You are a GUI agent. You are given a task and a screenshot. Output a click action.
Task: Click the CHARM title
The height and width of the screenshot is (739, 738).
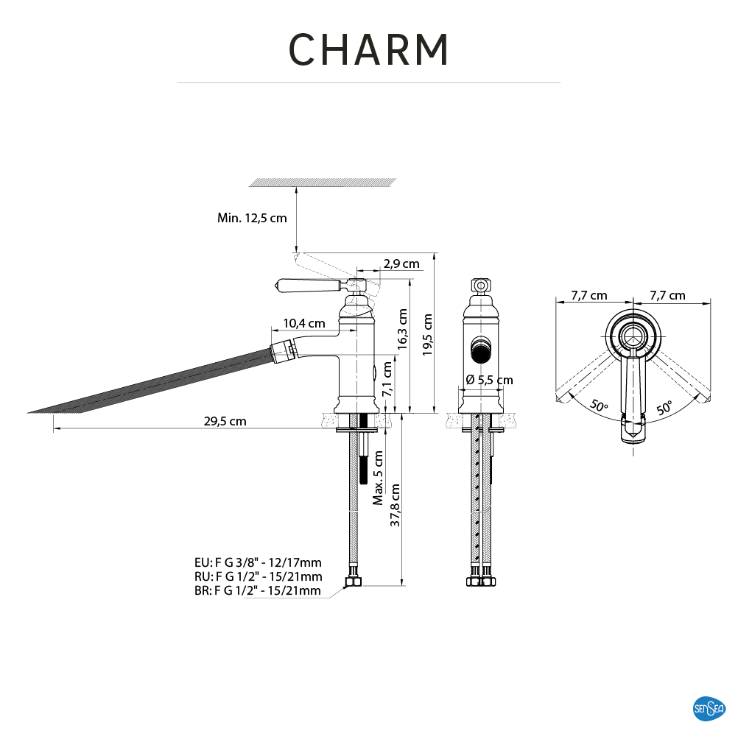[x=368, y=50]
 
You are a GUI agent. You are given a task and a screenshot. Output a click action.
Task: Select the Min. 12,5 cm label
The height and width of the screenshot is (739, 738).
[x=252, y=218]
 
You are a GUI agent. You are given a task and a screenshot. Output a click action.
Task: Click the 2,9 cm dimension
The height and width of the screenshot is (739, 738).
[x=401, y=264]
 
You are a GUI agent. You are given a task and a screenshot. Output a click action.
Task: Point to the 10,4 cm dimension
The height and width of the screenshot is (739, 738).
[x=304, y=323]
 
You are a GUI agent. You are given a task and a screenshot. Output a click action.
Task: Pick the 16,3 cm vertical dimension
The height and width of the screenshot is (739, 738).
[x=402, y=328]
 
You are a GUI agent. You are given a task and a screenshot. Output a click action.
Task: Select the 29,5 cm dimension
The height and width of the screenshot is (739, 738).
[x=225, y=422]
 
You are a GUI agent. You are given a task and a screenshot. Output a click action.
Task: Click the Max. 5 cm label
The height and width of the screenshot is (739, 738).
[x=378, y=477]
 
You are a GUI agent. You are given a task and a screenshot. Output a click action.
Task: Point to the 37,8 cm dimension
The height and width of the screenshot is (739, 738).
[x=396, y=505]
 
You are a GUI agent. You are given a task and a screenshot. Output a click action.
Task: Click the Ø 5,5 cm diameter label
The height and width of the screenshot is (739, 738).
[x=489, y=381]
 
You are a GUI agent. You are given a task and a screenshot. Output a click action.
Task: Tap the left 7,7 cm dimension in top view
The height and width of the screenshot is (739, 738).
[x=589, y=296]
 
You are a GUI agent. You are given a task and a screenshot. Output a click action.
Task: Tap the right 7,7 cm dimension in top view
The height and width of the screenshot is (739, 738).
[x=667, y=296]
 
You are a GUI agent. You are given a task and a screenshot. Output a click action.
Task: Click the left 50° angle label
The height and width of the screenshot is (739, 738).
[x=598, y=406]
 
